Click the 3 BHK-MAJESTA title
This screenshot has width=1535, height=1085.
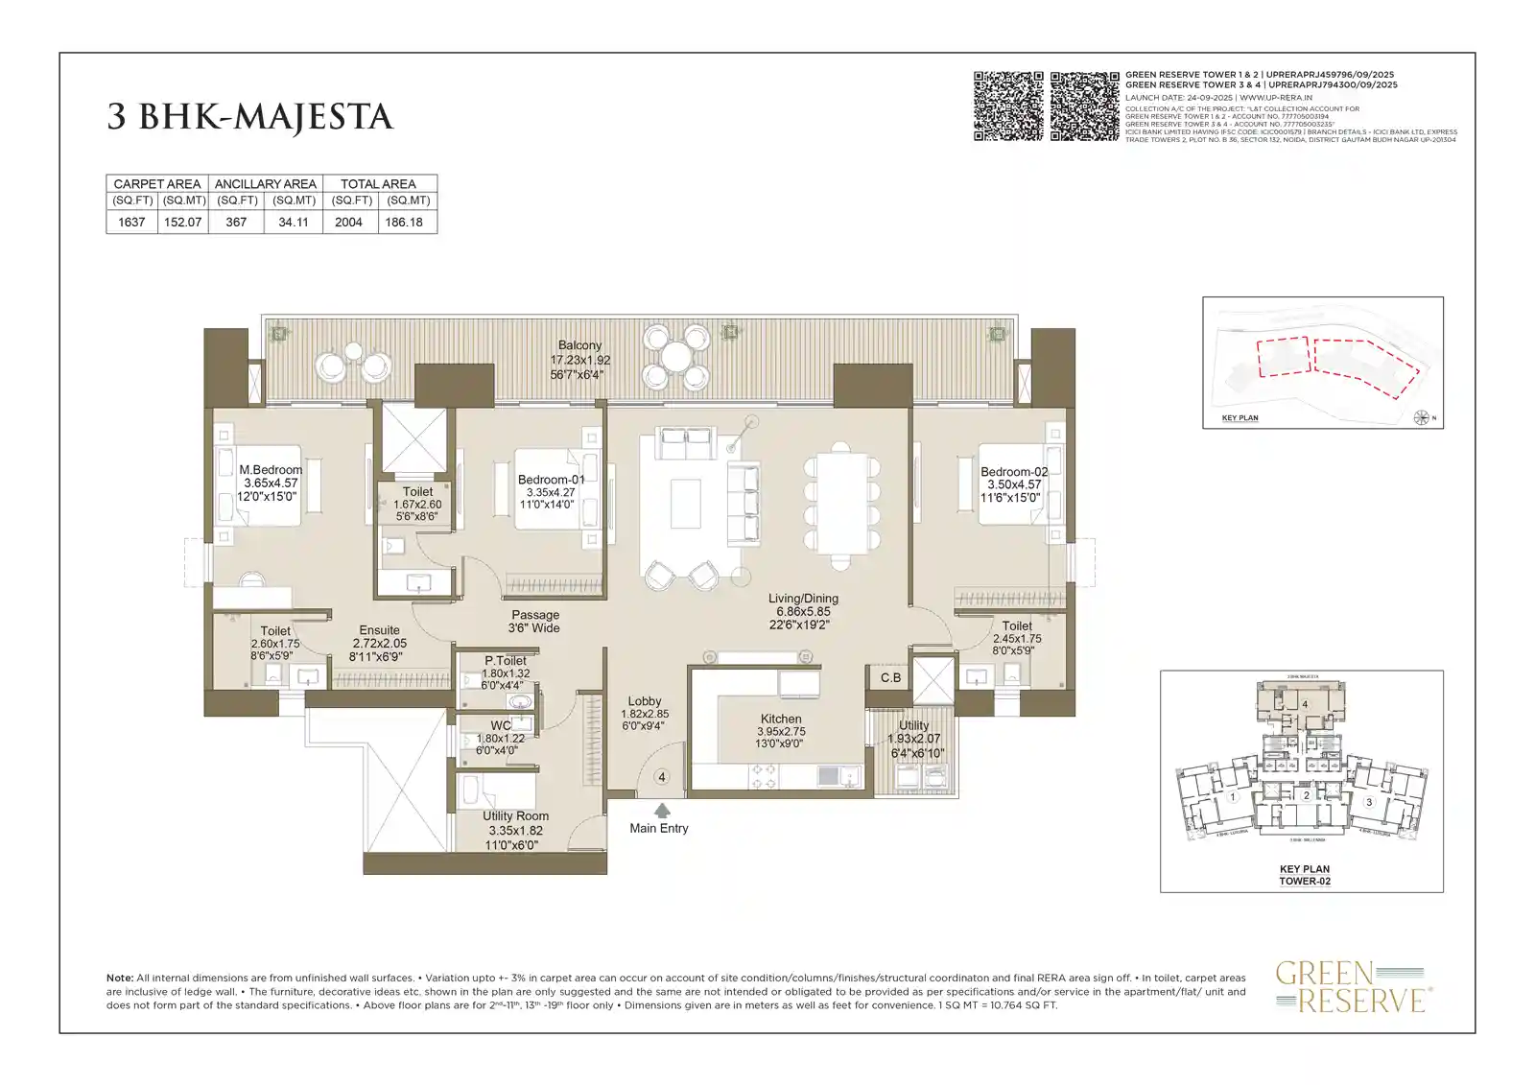(249, 117)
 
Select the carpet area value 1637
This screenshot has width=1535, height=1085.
(131, 222)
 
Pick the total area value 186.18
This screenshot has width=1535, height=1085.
(404, 222)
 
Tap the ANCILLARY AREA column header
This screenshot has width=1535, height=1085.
(265, 183)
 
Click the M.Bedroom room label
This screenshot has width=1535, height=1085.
(271, 470)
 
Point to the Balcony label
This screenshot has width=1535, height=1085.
(579, 345)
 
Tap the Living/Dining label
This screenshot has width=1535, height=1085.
(803, 599)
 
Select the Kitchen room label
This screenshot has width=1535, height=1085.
(781, 719)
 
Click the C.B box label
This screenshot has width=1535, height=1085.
(890, 677)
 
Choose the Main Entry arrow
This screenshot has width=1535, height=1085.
(662, 811)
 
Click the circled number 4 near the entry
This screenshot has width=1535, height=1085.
(660, 777)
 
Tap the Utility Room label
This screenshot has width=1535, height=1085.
(515, 816)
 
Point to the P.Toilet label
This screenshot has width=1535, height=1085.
(505, 661)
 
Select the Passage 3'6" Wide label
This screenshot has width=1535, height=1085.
(534, 621)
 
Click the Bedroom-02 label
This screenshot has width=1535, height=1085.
(1014, 472)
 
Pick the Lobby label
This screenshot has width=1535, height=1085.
(645, 701)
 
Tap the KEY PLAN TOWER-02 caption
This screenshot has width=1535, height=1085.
(1304, 875)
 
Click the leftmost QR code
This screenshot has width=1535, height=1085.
(1008, 106)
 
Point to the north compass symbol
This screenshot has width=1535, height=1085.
(1422, 417)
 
